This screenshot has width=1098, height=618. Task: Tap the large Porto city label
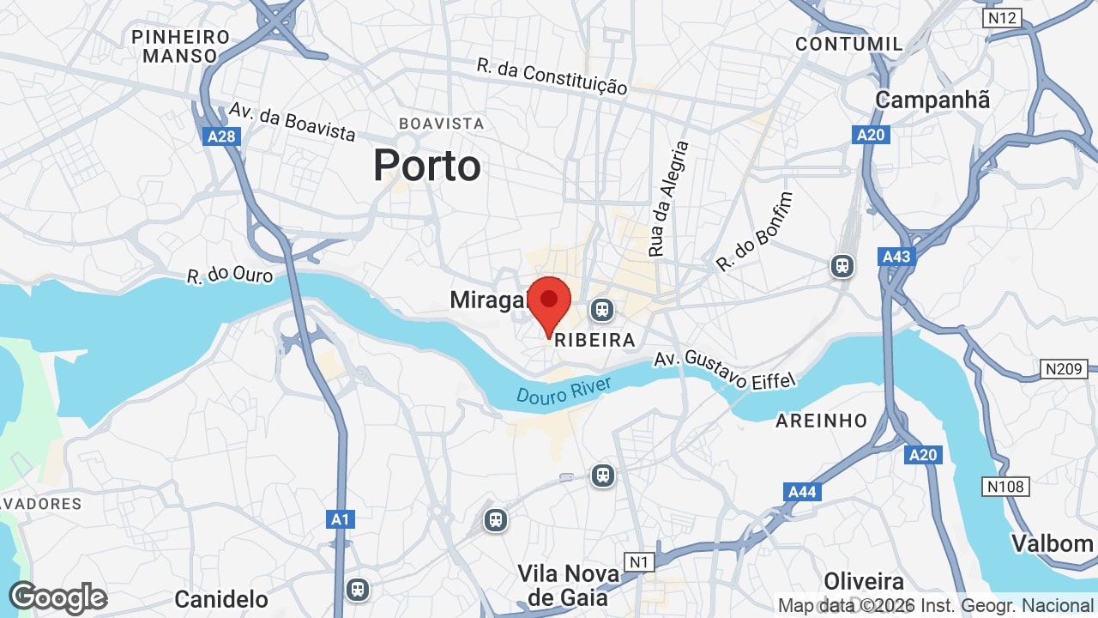click(x=426, y=166)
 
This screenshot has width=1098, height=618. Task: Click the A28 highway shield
click(x=223, y=136)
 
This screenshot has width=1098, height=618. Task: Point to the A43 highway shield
click(x=896, y=257)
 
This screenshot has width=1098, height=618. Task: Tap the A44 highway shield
click(x=802, y=492)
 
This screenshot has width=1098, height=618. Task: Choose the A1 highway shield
click(x=341, y=519)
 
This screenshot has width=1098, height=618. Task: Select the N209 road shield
click(x=1064, y=369)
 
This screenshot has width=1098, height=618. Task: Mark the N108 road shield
click(x=1005, y=487)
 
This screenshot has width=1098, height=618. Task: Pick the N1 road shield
click(x=638, y=562)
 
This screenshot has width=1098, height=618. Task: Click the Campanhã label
click(x=932, y=100)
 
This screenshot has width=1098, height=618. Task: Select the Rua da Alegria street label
click(x=667, y=199)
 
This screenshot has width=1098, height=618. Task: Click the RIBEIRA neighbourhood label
click(x=595, y=340)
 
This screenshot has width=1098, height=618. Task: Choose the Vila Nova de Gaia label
click(x=562, y=585)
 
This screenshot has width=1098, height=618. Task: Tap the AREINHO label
click(x=821, y=421)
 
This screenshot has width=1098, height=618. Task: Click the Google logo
click(x=57, y=597)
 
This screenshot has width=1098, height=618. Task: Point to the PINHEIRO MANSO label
click(x=181, y=46)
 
